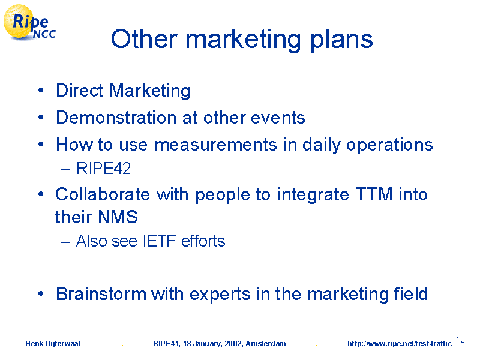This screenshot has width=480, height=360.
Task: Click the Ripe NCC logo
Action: (x=29, y=23)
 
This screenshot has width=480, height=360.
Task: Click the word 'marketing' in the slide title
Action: (x=243, y=40)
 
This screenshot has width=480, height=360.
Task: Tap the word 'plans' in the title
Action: (x=341, y=40)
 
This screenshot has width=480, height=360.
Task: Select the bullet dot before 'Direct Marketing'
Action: (x=41, y=91)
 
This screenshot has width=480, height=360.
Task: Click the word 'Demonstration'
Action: (x=116, y=118)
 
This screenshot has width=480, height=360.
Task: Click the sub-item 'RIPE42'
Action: (x=103, y=169)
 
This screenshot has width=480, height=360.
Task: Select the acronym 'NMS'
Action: (x=118, y=217)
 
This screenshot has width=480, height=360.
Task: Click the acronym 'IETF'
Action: (x=159, y=241)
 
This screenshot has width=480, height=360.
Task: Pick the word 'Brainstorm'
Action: (x=101, y=294)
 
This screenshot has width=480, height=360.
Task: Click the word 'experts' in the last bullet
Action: (x=220, y=295)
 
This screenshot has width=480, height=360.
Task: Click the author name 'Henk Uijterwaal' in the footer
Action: (x=53, y=344)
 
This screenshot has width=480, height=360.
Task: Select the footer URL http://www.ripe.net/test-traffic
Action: (x=400, y=344)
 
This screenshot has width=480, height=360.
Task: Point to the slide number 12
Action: (x=460, y=340)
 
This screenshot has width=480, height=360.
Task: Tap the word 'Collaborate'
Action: (x=103, y=194)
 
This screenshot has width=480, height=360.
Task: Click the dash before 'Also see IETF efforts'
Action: (x=65, y=242)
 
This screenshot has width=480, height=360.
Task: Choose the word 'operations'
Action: (x=389, y=145)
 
